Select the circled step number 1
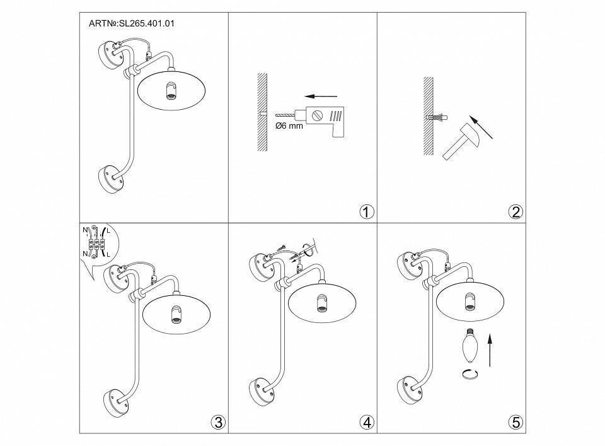366,212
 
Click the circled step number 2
515,212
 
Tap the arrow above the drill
318,97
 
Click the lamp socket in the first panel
170,92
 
